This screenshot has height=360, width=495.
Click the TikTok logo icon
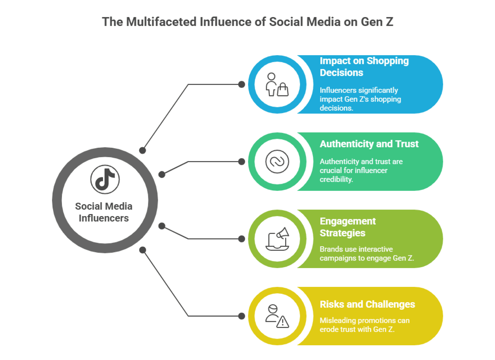[x=105, y=179]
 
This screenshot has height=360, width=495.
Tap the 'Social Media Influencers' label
[x=104, y=212]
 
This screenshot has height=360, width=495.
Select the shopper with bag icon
[x=277, y=85]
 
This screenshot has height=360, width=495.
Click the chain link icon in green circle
[x=277, y=162]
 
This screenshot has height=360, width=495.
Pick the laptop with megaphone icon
[x=277, y=239]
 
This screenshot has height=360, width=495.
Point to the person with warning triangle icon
[x=277, y=316]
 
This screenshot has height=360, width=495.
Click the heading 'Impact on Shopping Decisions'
[x=364, y=67]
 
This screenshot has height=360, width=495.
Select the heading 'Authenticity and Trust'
[x=369, y=144]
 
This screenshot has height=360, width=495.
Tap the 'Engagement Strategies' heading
[x=348, y=227]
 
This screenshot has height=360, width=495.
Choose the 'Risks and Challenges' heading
[x=367, y=304]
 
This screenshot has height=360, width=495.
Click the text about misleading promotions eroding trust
[x=364, y=325]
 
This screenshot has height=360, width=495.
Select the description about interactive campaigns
[x=367, y=254]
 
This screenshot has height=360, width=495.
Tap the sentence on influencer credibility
[x=361, y=170]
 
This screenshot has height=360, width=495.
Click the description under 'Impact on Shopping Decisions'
[x=360, y=99]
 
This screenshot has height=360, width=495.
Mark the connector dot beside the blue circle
[x=242, y=84]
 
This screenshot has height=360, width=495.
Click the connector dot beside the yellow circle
[x=242, y=316]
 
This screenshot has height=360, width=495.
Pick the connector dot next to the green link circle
[x=242, y=162]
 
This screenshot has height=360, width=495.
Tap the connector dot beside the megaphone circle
[x=242, y=239]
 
